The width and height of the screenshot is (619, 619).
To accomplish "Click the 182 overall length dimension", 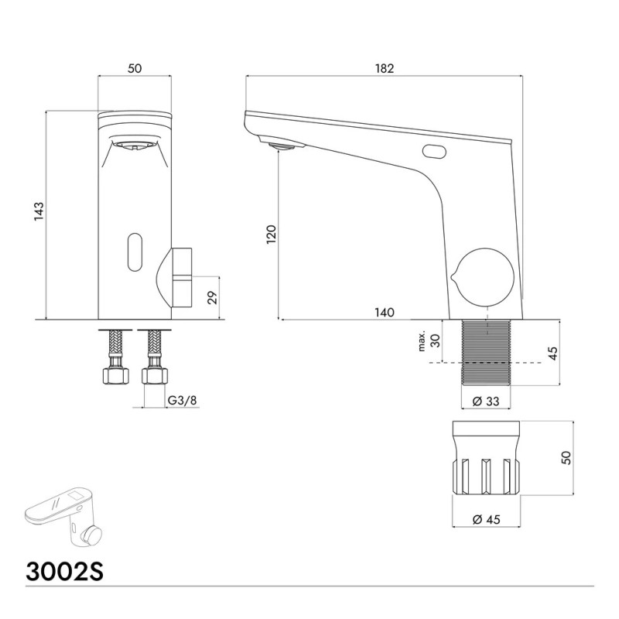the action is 385,69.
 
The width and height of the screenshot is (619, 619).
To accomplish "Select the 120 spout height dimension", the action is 272,234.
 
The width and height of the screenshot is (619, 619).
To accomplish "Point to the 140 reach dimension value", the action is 385,313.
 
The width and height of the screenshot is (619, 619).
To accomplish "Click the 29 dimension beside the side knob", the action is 212,298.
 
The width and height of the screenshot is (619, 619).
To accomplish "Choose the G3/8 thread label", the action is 182,400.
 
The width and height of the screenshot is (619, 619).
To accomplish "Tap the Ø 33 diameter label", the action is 486,402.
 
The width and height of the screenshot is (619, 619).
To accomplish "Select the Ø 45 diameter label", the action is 487,519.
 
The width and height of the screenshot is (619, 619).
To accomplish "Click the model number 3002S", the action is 65,571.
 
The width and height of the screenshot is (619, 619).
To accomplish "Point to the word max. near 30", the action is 422,340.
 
